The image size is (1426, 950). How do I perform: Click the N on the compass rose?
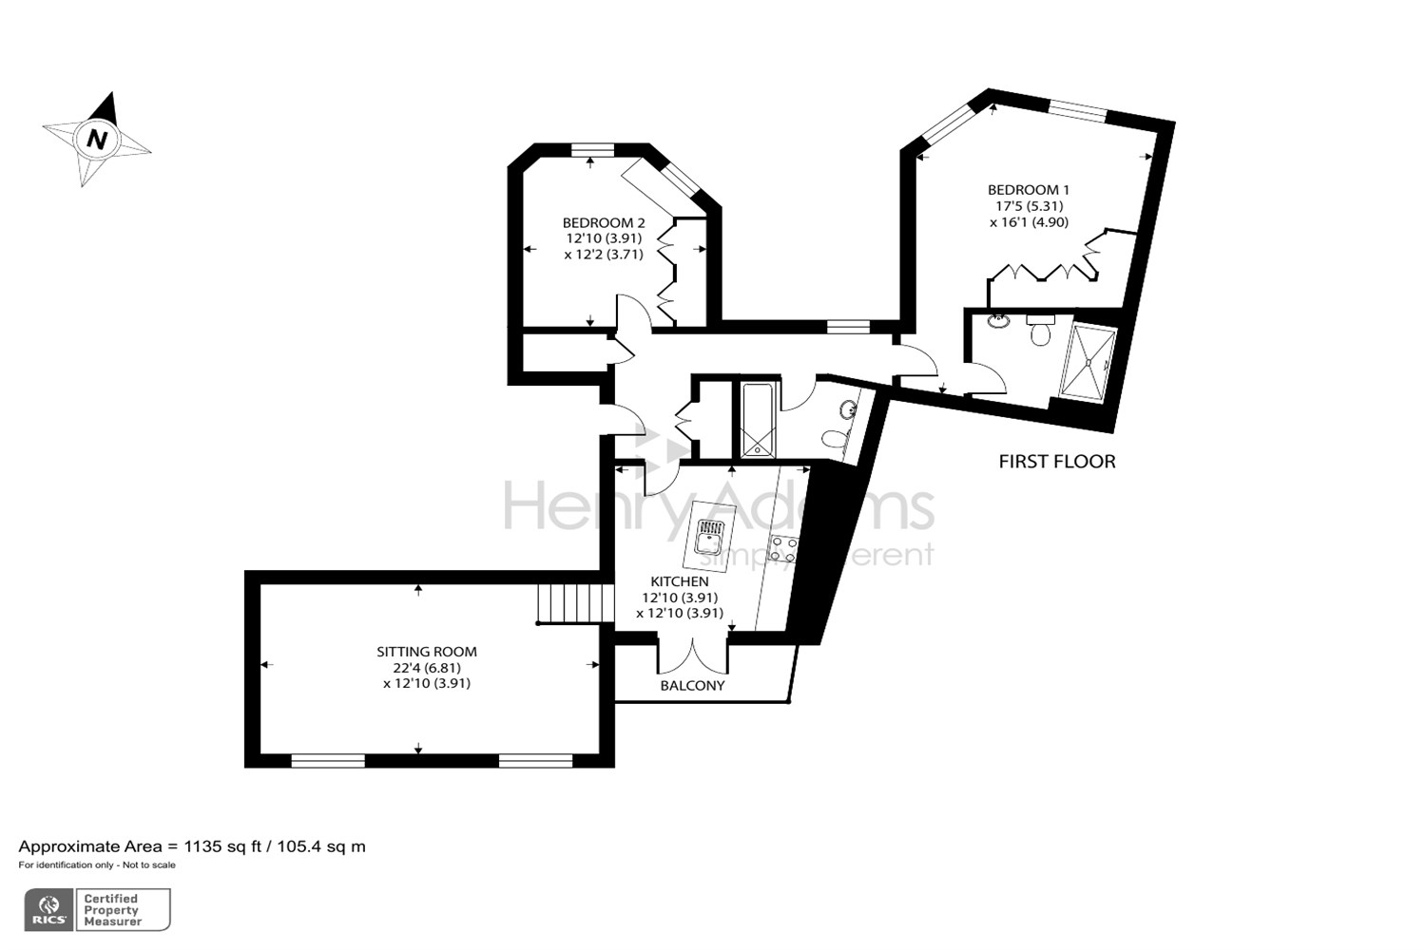[96, 139]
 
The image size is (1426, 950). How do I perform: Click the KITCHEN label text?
[679, 581]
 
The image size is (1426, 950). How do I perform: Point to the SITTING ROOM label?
[426, 652]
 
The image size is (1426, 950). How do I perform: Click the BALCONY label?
[692, 685]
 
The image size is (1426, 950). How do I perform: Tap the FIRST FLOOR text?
[1056, 462]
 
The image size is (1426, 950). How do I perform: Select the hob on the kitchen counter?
[784, 548]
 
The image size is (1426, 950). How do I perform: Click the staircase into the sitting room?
[571, 602]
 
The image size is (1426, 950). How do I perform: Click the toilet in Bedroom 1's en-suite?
[1040, 333]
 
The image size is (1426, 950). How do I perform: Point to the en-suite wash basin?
[998, 321]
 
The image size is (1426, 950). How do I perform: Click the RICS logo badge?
[49, 910]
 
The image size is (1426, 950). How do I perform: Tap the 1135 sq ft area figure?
[225, 846]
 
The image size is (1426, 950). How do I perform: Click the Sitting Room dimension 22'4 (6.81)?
[426, 668]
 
